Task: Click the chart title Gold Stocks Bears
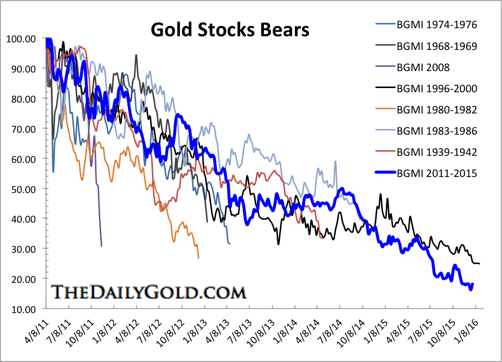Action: (230, 30)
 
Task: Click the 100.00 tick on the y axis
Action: (21, 39)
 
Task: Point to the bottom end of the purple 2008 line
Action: (102, 246)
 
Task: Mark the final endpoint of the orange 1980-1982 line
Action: (199, 258)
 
